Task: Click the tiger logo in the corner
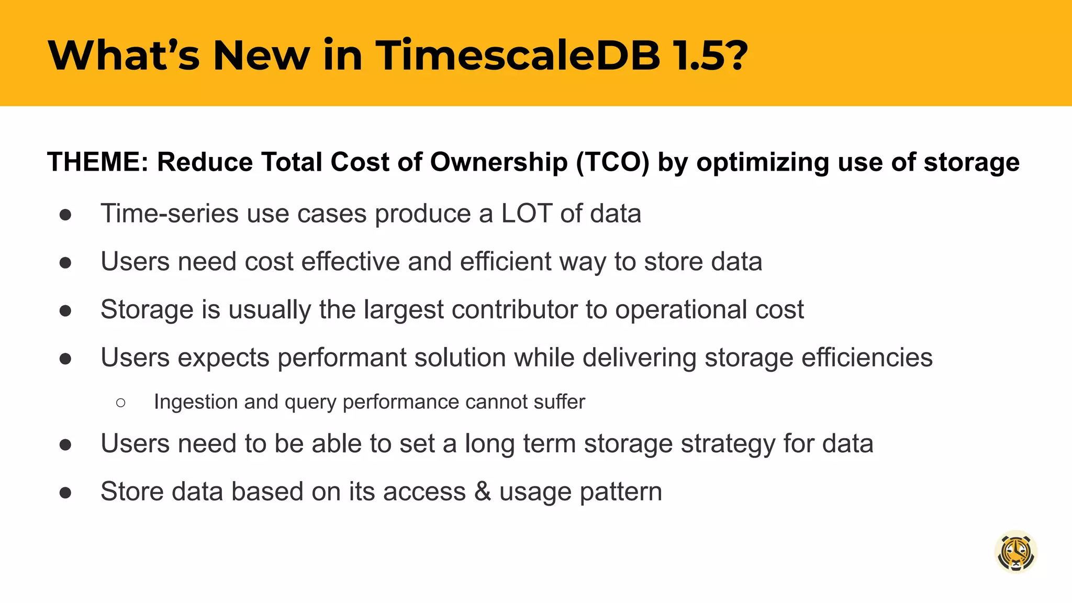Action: point(1015,552)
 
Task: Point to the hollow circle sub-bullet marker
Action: point(121,403)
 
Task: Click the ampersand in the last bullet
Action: point(482,492)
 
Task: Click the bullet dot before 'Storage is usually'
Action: point(65,310)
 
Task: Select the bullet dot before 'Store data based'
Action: point(65,493)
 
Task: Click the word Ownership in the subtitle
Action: point(499,162)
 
